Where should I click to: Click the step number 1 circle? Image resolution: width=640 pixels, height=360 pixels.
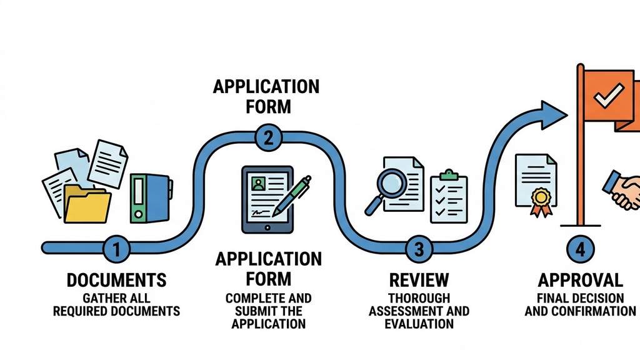pyautogui.click(x=116, y=250)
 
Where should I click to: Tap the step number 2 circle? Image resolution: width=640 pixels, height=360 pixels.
pyautogui.click(x=267, y=137)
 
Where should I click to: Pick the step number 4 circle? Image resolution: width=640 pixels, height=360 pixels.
pyautogui.click(x=581, y=250)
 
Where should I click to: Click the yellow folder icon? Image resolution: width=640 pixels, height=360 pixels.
pyautogui.click(x=87, y=204)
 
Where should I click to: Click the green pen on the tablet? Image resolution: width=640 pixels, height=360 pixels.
pyautogui.click(x=292, y=194)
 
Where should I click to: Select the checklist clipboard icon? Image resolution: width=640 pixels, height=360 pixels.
pyautogui.click(x=448, y=197)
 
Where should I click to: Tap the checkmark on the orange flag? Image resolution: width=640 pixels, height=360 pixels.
pyautogui.click(x=605, y=97)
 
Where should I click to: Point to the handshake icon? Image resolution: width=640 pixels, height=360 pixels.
pyautogui.click(x=622, y=191)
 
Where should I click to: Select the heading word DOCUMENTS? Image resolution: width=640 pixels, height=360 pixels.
pyautogui.click(x=116, y=280)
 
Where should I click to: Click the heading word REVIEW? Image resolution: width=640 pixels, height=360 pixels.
pyautogui.click(x=419, y=279)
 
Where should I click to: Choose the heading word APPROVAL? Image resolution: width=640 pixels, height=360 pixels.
pyautogui.click(x=580, y=279)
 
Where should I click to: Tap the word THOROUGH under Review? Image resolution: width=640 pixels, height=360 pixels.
pyautogui.click(x=419, y=299)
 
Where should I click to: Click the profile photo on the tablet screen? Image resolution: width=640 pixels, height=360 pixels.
pyautogui.click(x=257, y=184)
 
